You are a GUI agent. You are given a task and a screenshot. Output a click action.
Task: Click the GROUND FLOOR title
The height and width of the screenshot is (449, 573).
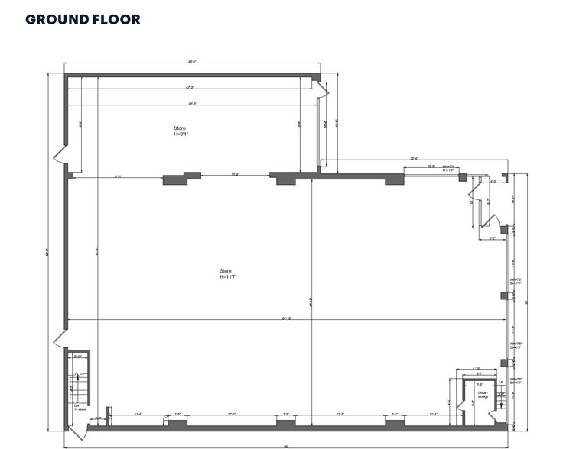coord(83,18)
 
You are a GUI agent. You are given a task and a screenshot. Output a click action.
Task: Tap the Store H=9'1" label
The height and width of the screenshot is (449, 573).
coord(180,131)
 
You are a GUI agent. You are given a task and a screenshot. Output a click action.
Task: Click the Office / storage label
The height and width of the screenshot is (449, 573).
coord(483,395)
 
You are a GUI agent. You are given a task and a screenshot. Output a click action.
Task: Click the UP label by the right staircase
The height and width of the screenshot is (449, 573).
coord(502,383)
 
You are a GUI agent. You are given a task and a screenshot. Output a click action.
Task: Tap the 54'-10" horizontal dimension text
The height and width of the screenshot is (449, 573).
coord(285,318)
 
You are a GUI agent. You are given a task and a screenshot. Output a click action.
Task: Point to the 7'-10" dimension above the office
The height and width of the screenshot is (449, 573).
coord(476,368)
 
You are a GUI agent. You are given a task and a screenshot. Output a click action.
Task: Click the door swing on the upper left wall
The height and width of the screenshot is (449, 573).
coord(61,158)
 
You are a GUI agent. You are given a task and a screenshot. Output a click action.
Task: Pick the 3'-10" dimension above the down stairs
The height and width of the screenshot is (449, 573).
coord(77,357)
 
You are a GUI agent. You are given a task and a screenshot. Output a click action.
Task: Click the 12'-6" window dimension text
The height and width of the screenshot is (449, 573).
coord(431,166)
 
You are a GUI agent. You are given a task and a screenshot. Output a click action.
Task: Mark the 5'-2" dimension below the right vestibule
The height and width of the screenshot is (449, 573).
coord(493,238)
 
